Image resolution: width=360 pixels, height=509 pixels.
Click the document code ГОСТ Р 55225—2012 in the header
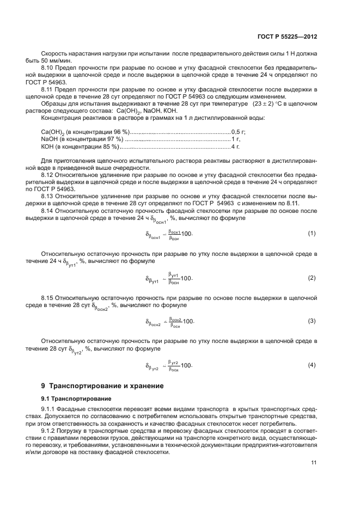[x=288, y=36]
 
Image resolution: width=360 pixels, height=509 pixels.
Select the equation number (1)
[x=312, y=218]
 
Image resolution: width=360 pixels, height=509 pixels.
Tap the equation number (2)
[x=312, y=278]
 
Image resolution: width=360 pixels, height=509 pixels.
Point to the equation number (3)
[x=312, y=321]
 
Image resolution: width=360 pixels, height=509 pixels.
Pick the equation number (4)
[x=312, y=364]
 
